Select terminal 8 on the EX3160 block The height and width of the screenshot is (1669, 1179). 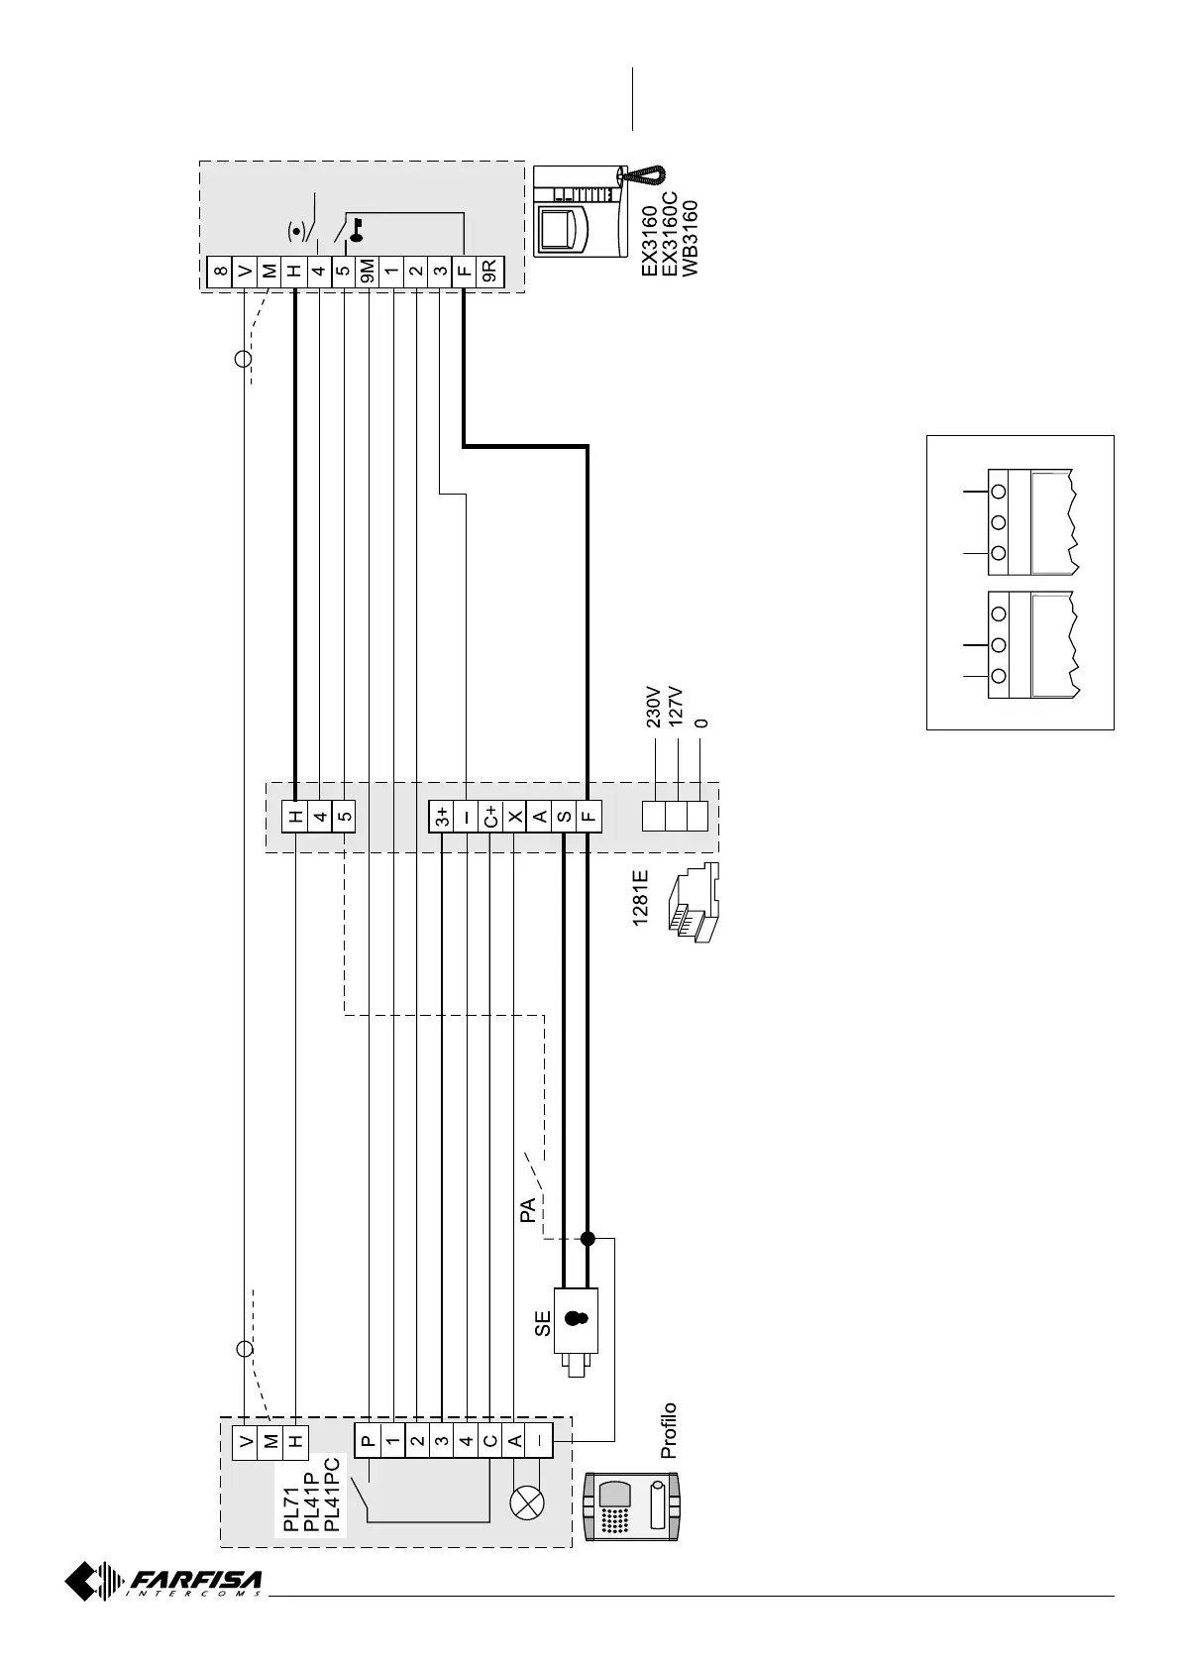tap(220, 269)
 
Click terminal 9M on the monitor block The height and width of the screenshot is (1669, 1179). tap(367, 269)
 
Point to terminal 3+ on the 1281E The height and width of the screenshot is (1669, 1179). tap(441, 818)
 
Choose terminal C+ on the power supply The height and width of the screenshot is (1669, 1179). tap(490, 818)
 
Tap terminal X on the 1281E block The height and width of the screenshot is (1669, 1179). tap(515, 818)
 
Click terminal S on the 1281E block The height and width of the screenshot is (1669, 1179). tap(564, 818)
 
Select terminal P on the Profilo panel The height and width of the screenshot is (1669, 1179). tap(368, 1441)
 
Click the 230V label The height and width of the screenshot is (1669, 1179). tap(654, 706)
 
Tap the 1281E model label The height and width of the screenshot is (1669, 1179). tap(641, 898)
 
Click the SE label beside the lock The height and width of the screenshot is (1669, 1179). tap(542, 1324)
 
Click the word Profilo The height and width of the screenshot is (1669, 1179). tap(669, 1429)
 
